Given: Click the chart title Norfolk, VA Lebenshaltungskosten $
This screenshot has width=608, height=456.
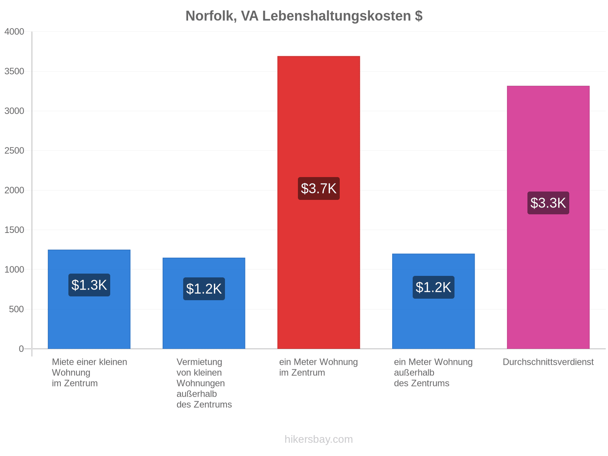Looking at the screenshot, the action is [x=304, y=16].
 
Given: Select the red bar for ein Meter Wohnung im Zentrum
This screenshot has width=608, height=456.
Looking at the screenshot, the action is [x=318, y=203].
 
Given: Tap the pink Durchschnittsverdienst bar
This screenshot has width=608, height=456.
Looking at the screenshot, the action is [x=548, y=217].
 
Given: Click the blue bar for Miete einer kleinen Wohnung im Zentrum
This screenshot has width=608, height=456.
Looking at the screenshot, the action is [x=89, y=299].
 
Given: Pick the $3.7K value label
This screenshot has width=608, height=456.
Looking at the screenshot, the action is [x=318, y=188].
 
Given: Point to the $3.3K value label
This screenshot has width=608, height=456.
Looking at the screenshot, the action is [x=548, y=203].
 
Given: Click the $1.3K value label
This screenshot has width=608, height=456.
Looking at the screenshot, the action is [x=89, y=285].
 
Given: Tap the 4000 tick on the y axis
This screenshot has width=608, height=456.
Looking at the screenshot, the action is [x=14, y=32].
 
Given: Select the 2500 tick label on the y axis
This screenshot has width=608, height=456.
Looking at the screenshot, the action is [x=14, y=150].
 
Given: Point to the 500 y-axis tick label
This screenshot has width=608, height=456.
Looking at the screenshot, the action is [x=16, y=309].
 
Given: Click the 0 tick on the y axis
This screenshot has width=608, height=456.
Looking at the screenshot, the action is [x=21, y=349].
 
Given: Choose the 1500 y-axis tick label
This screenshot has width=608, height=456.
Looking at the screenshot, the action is [x=14, y=230].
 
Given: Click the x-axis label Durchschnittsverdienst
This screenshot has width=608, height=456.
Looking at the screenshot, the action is [x=548, y=362].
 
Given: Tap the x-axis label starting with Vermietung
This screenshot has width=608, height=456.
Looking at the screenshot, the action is [x=204, y=383].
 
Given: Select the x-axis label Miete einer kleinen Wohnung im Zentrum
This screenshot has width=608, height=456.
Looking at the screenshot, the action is [x=89, y=373].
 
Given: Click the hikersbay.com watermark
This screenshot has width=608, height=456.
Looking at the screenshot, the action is [x=318, y=439].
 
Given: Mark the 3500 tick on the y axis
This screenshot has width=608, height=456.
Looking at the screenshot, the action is [x=14, y=71].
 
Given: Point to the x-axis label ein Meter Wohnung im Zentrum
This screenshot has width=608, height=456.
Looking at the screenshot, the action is [x=318, y=367].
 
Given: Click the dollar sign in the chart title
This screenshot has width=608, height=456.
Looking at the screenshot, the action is [x=418, y=16].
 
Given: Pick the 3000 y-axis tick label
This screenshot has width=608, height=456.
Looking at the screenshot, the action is [x=14, y=111].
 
